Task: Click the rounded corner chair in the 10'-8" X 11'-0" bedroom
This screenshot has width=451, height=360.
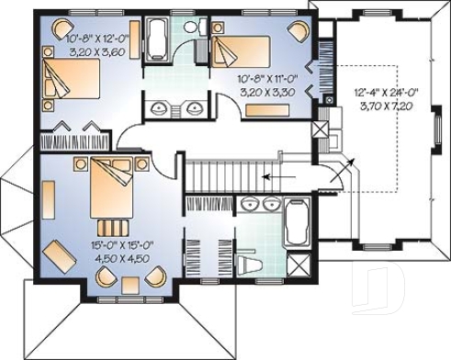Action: tap(299, 28)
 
